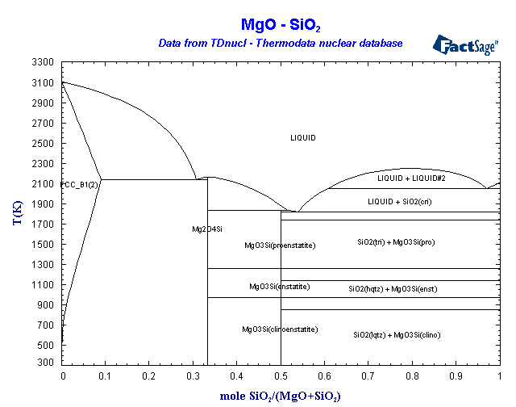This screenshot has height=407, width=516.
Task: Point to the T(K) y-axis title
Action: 18,213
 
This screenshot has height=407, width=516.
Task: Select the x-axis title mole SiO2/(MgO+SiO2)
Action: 281,396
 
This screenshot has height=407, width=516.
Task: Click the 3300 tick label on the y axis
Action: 43,62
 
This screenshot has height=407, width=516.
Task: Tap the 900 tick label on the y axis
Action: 45,304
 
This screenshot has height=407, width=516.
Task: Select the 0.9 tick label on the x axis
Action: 456,376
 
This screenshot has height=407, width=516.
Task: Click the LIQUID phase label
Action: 303,138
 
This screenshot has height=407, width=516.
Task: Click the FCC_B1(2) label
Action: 79,185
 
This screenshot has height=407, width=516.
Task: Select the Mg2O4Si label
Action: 207,229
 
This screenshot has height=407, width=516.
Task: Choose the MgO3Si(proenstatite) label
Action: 280,245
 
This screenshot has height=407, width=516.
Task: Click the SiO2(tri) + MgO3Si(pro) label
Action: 396,241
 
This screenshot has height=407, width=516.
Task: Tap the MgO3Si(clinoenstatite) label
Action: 280,329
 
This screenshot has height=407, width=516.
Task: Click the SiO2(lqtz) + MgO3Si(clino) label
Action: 397,334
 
